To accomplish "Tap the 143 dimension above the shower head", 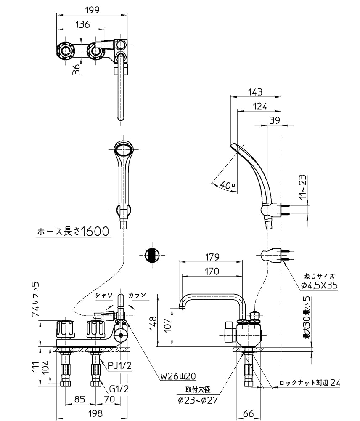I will [255, 91].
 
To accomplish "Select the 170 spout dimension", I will [212, 272].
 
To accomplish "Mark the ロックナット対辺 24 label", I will [309, 383].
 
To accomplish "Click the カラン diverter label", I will [138, 295].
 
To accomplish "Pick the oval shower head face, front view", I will [124, 149].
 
